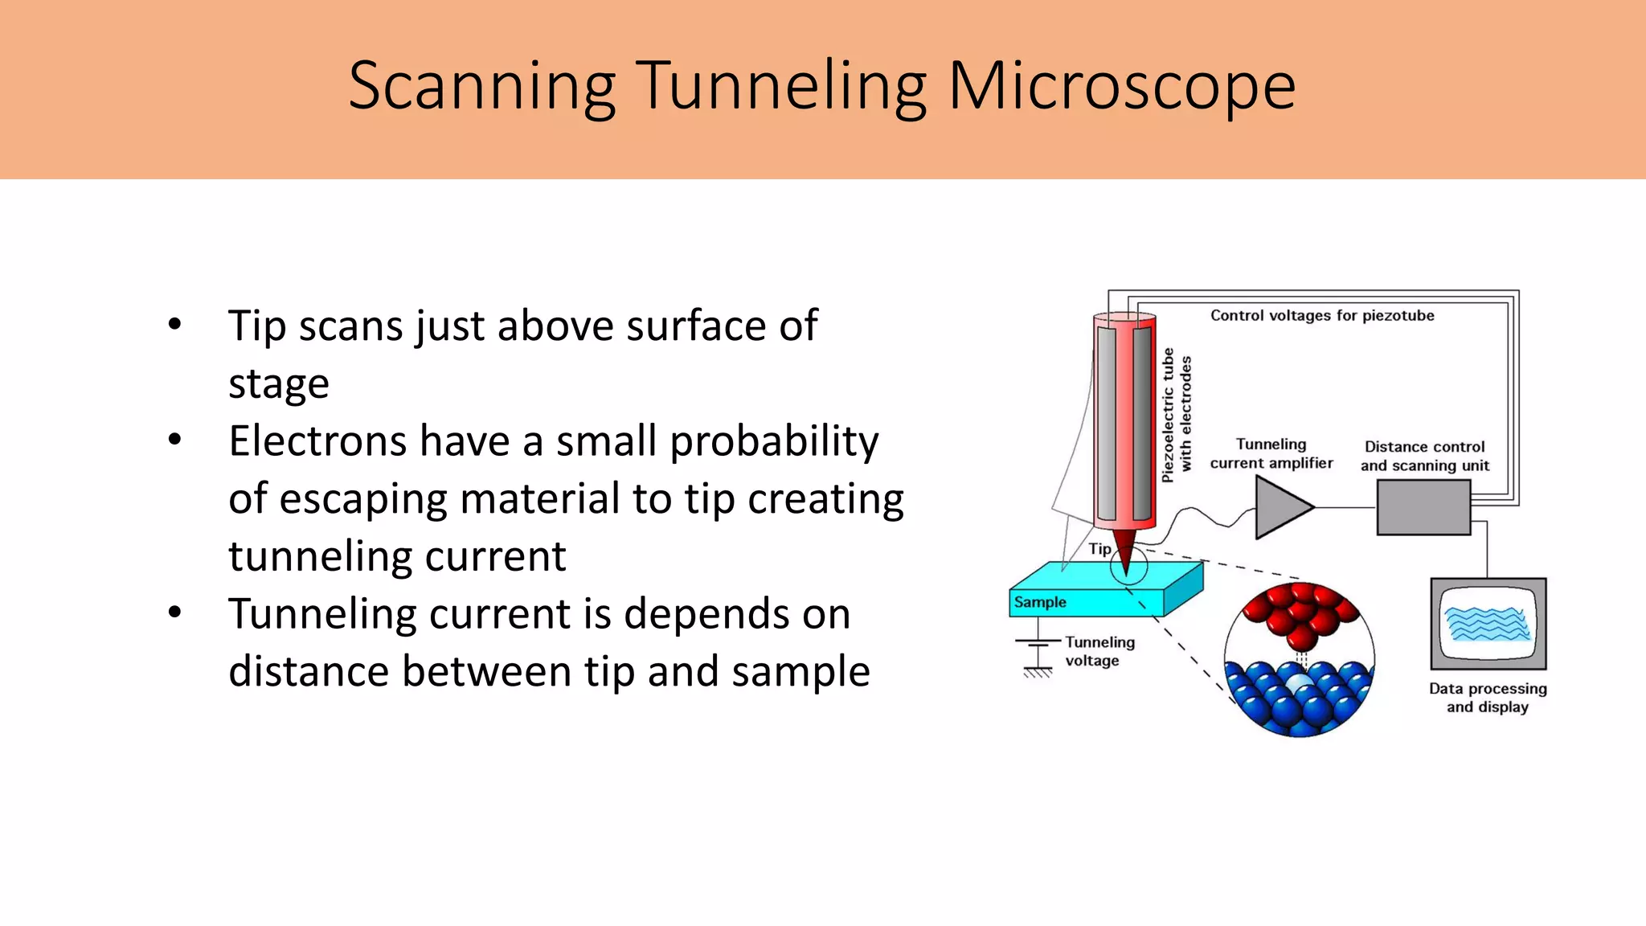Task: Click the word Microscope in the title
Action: [1122, 87]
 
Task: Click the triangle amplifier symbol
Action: [1281, 507]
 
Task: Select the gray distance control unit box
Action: [1423, 507]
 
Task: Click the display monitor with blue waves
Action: [1488, 624]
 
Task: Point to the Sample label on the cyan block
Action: [1040, 602]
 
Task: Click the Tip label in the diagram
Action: [1099, 549]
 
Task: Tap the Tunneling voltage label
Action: [1099, 651]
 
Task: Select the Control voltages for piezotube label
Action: [1322, 315]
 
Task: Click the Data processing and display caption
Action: [1488, 698]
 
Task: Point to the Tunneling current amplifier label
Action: [1271, 453]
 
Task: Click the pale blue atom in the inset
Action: [1300, 684]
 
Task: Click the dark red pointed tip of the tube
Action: [1125, 551]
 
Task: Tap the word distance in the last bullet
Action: [308, 671]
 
